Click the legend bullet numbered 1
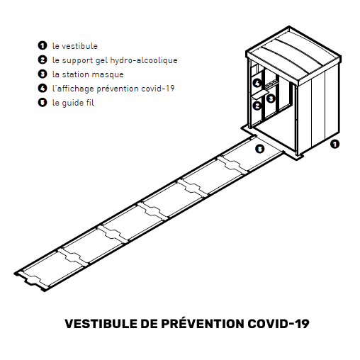43,45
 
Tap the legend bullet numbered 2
43,60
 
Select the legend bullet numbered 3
43,74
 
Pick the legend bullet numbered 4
43,88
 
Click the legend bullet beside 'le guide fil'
43,102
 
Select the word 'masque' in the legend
108,75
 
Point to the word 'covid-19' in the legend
158,89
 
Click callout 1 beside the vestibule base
334,144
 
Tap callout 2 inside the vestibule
257,106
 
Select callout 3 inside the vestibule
271,99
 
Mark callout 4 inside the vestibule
257,83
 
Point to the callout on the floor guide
259,149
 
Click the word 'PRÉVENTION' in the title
203,323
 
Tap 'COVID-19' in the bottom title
279,324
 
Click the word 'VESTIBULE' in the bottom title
101,324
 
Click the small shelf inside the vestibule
260,94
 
